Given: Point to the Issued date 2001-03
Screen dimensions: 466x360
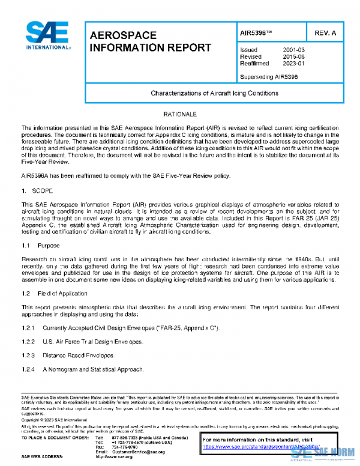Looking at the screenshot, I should [x=293, y=50].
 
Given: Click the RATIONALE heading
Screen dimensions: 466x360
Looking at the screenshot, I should [x=179, y=113].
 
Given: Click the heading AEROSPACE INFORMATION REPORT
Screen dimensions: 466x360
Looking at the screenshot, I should [x=150, y=41].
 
